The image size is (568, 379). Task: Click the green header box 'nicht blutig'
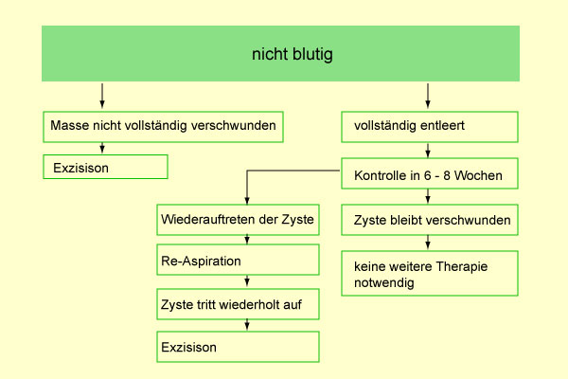pos(280,53)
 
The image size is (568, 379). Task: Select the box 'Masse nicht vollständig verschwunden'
pos(163,127)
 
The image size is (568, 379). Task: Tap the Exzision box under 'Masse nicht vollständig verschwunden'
pos(105,167)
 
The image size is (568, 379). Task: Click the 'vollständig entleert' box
pos(430,127)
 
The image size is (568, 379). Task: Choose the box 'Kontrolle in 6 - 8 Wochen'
pos(430,173)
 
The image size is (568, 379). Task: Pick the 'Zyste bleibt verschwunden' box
pos(430,220)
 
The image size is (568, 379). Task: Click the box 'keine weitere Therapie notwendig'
pos(430,273)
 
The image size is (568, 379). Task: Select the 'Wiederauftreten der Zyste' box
pos(238,220)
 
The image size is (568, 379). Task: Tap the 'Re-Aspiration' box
pos(238,260)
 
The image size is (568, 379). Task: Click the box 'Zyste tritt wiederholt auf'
pos(238,304)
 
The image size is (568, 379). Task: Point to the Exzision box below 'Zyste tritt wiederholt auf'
pos(238,347)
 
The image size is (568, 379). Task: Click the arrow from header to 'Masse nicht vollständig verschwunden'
pos(102,96)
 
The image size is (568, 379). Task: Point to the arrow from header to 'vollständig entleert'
pos(428,96)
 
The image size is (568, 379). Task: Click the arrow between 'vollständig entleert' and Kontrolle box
pos(428,150)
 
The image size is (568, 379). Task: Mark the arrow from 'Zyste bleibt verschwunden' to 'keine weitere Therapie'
pos(428,243)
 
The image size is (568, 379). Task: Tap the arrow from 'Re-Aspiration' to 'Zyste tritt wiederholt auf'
pos(247,281)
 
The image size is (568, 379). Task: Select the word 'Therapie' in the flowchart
pos(462,266)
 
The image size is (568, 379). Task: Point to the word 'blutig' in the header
pos(312,55)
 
